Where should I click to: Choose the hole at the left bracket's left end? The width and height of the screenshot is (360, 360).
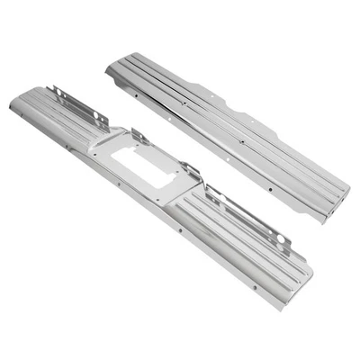click(x=57, y=89)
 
